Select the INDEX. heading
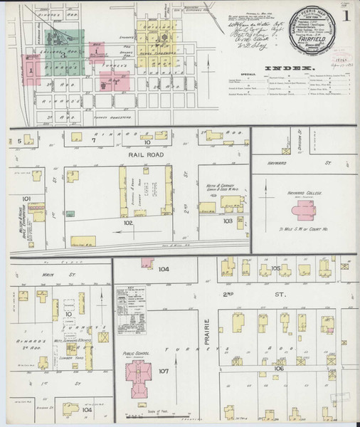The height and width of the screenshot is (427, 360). (x=290, y=69)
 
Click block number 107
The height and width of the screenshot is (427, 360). (x=163, y=371)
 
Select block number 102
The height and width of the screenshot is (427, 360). (x=128, y=223)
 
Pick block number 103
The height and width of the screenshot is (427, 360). (x=228, y=221)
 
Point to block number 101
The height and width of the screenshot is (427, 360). (x=27, y=199)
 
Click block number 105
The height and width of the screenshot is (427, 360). (x=276, y=268)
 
